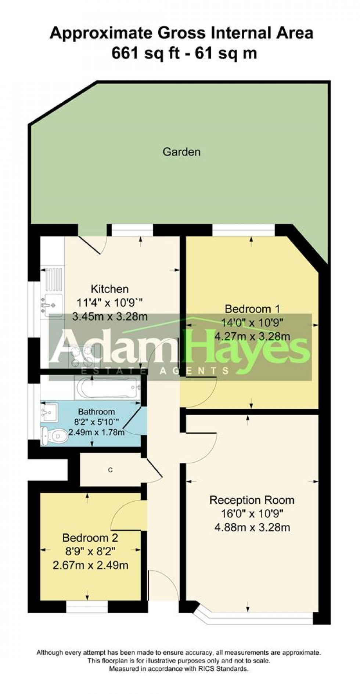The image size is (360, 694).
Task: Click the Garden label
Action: [181, 152]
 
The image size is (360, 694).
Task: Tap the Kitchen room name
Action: [110, 289]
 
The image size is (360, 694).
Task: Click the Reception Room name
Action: [252, 500]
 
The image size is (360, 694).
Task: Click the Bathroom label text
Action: [96, 412]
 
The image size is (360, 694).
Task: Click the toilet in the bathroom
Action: [54, 436]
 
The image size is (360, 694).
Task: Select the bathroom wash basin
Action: [48, 414]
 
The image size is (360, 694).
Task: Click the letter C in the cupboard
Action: [110, 470]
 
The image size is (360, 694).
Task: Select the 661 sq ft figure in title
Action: [146, 54]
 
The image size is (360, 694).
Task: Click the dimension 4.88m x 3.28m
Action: [252, 528]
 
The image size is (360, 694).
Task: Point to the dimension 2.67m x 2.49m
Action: [90, 565]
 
